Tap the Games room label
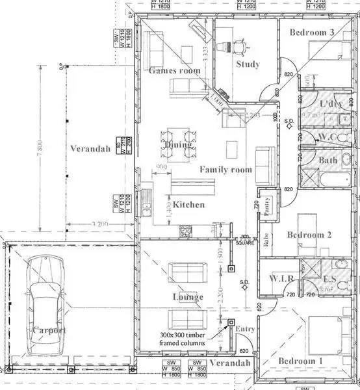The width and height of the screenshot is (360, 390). (175, 70)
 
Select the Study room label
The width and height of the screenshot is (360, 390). (248, 64)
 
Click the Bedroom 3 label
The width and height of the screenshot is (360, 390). (312, 32)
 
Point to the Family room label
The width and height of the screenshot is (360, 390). (225, 170)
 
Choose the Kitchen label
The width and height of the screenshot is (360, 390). (188, 205)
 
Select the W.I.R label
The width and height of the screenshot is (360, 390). (283, 279)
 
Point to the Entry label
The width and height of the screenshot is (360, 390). (246, 329)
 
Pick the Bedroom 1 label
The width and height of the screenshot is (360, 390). (300, 361)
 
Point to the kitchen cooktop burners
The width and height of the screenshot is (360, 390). (186, 229)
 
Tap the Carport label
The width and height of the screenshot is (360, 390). (48, 330)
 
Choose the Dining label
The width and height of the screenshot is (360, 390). (178, 145)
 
